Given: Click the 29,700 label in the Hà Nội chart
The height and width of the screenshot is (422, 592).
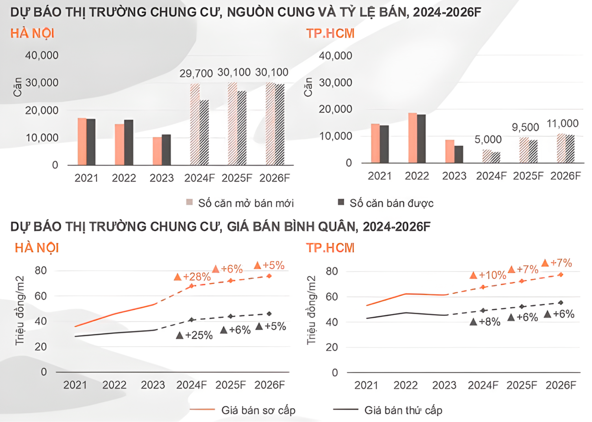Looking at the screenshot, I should pos(196,74).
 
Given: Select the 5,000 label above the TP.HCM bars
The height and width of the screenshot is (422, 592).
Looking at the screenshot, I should pos(488,139).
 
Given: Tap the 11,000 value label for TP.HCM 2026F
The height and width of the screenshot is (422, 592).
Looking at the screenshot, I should pos(562,124).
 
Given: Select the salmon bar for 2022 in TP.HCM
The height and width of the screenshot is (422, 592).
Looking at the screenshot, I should pos(412,138).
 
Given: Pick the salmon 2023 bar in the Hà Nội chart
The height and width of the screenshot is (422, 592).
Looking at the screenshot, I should pos(157,151).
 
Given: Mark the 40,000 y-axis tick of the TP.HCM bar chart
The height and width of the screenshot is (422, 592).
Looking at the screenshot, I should pos(335,55).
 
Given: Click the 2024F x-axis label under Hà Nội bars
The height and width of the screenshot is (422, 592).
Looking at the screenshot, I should pos(199,178).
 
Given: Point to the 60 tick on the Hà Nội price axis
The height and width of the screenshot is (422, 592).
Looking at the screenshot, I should pos(41,296).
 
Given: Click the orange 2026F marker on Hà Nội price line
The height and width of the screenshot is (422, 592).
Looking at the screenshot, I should pos(269,276).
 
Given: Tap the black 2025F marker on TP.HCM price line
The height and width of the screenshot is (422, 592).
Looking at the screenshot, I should pos(522,307).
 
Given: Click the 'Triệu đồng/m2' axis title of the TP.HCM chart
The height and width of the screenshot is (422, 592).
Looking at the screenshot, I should pos(311,310).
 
